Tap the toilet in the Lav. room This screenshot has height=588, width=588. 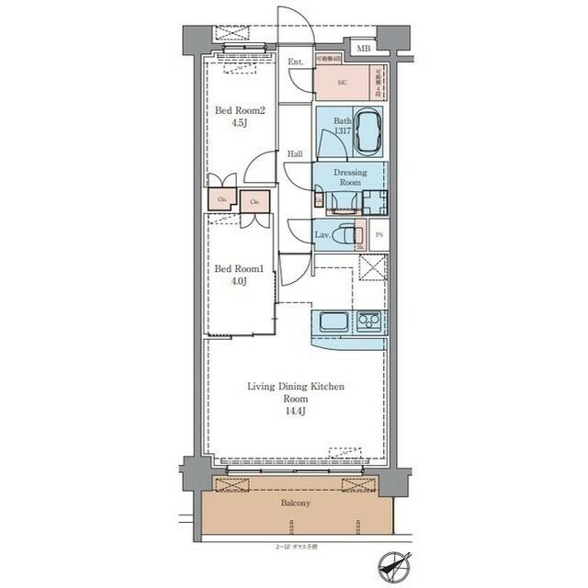pyautogui.click(x=345, y=235)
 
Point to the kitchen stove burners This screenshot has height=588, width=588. pyautogui.click(x=369, y=322)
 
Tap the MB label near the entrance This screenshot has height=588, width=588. pyautogui.click(x=363, y=47)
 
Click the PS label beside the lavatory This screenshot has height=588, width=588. pyautogui.click(x=379, y=235)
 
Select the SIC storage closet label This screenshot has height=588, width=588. pyautogui.click(x=341, y=82)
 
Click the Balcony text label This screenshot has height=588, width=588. pyautogui.click(x=295, y=503)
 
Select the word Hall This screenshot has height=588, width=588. pyautogui.click(x=294, y=154)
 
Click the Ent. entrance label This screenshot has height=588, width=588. pyautogui.click(x=295, y=62)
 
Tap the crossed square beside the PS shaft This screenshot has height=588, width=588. pyautogui.click(x=372, y=270)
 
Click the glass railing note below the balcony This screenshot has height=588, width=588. pyautogui.click(x=294, y=546)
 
